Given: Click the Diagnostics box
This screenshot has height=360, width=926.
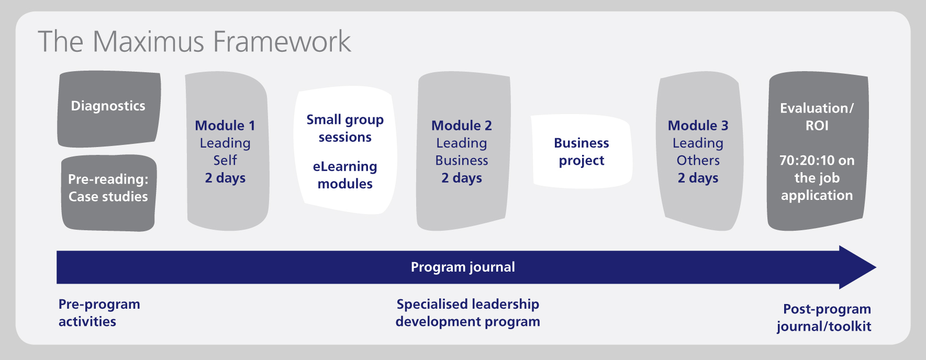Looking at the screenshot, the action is point(109,109).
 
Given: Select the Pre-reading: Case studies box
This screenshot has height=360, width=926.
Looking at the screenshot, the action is point(108,193).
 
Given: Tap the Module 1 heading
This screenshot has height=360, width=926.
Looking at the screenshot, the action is point(225,126).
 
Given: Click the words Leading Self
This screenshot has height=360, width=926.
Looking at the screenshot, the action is point(225,151).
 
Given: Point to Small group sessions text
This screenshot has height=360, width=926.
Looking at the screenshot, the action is point(345,128).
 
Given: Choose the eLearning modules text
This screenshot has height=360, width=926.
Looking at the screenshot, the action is point(345,175).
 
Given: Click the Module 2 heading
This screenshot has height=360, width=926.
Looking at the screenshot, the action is point(462,126).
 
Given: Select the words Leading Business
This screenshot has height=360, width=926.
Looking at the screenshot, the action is point(462,151).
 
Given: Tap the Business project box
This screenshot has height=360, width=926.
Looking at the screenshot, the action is point(582,151).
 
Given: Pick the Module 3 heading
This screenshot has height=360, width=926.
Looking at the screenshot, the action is point(698,126).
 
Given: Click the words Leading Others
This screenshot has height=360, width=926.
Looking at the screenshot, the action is point(698,151).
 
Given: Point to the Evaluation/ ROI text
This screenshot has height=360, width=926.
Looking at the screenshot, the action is point(817,117).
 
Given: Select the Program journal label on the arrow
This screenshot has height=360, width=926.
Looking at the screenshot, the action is point(463,267).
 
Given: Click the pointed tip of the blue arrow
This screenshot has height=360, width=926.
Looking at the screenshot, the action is point(876,267).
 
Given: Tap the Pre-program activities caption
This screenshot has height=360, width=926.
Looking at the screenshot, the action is point(99,313).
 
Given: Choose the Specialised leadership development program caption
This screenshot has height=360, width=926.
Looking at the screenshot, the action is point(467,313).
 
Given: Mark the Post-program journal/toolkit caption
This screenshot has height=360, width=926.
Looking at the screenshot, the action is point(824,318).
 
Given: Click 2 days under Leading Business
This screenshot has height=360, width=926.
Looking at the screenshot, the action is point(462,178).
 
